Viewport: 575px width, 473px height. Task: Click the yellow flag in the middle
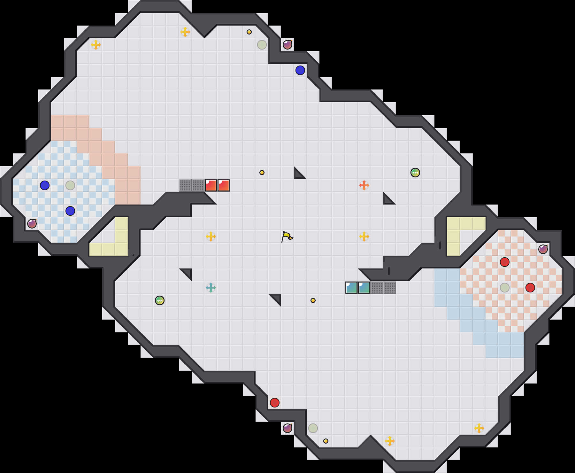287,236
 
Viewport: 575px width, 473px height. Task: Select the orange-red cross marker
364,185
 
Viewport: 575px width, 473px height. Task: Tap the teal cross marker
211,288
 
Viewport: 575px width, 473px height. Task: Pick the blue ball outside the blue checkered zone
300,70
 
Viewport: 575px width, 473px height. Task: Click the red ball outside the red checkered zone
275,403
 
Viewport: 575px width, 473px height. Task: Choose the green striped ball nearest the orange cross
415,173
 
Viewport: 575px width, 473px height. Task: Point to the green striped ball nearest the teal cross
160,300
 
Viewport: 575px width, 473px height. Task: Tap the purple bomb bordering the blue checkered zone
32,224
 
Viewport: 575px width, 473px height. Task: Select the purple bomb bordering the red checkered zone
543,249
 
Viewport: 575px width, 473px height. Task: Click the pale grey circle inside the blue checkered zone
70,185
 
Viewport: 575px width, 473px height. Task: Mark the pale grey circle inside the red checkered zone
505,288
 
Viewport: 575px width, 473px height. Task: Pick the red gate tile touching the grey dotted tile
211,185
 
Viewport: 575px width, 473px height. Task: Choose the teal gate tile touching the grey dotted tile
364,288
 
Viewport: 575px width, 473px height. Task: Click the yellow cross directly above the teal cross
211,236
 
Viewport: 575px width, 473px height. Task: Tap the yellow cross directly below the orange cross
364,236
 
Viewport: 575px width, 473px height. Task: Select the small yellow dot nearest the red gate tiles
262,173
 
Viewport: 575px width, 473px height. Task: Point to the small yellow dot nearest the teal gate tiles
313,300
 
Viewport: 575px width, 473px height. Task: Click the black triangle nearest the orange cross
388,199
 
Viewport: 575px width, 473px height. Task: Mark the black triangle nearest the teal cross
187,273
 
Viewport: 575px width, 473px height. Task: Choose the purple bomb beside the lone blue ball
287,45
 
